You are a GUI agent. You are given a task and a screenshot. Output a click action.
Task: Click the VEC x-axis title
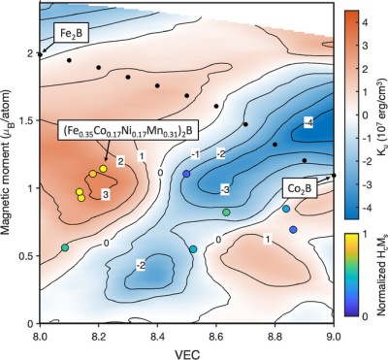pos(185,350)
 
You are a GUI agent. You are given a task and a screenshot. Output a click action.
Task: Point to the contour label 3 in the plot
pos(105,194)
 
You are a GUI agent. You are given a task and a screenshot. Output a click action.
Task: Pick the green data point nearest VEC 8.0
pos(65,248)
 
